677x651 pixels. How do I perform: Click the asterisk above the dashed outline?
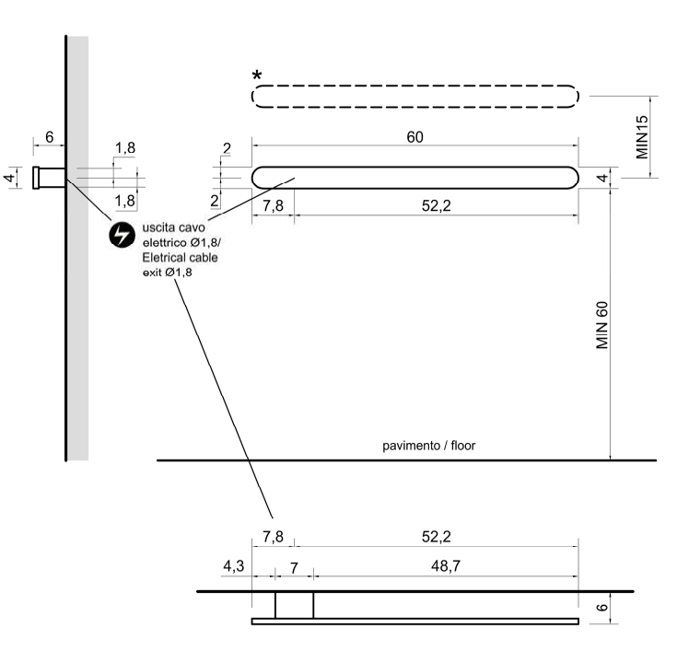point(257,76)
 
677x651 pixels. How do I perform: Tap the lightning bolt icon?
point(122,235)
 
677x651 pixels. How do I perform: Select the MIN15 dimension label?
point(643,136)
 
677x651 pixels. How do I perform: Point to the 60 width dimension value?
point(414,136)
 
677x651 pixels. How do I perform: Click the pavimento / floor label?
point(429,447)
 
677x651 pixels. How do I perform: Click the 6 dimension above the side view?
point(49,137)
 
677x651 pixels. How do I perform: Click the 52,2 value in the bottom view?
point(436,536)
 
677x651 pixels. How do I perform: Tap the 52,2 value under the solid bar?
point(436,205)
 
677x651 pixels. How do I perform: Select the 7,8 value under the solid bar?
point(273,205)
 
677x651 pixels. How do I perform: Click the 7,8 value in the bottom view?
point(273,536)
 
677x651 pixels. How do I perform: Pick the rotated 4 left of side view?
point(11,178)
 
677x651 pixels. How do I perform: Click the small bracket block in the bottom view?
point(294,605)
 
